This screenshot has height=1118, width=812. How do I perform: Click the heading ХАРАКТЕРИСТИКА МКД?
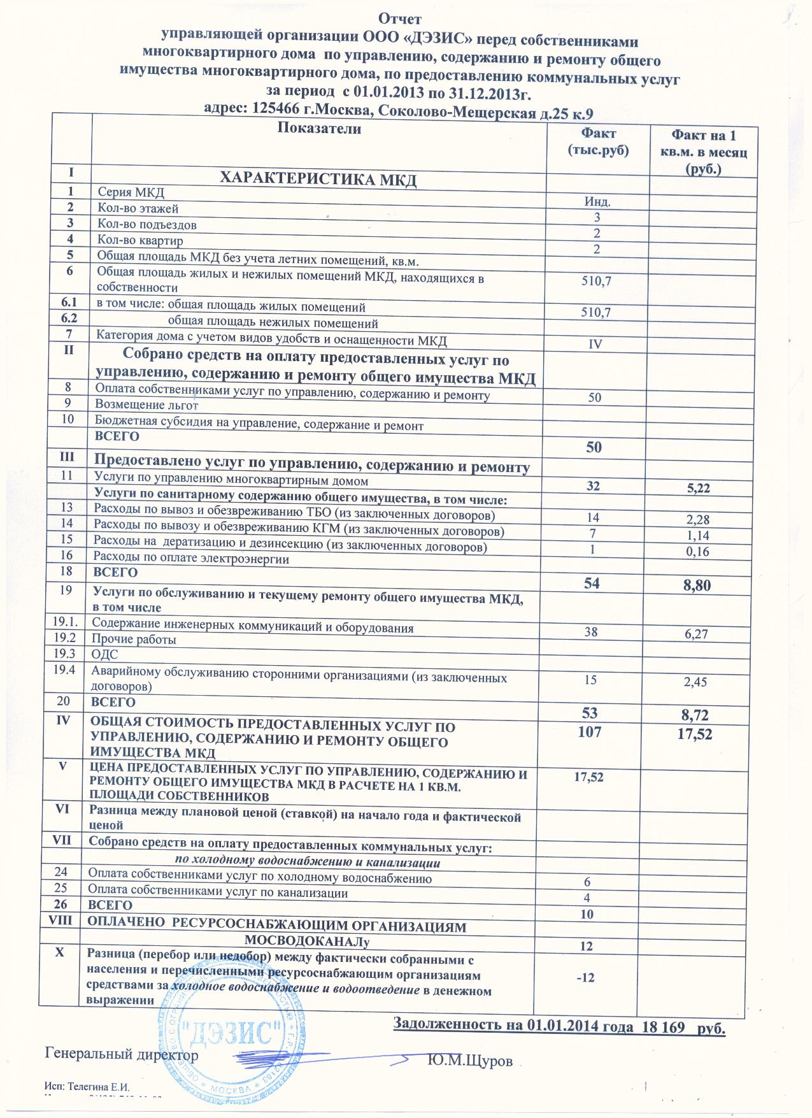318,180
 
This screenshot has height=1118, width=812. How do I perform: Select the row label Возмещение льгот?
146,405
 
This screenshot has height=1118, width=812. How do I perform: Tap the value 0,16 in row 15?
697,552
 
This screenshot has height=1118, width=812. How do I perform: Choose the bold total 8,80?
697,585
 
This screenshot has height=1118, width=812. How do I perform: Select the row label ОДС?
106,654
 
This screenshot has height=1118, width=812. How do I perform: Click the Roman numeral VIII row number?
65,921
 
